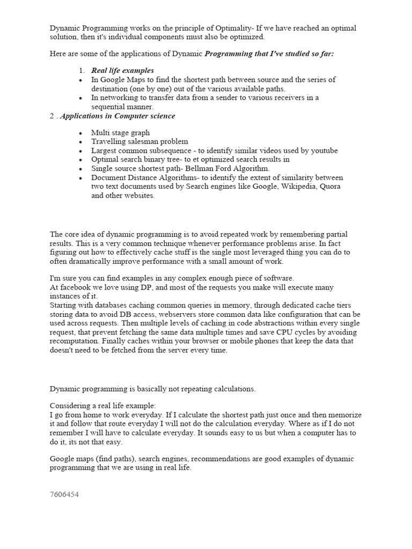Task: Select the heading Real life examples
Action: (x=122, y=70)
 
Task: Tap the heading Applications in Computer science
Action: (x=117, y=116)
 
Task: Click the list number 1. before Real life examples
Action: (x=82, y=70)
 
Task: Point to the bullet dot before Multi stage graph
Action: (x=80, y=133)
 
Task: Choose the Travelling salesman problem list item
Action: (x=139, y=142)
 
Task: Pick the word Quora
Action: (x=330, y=187)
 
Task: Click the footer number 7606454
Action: (x=64, y=494)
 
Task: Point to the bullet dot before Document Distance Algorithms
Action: (x=80, y=177)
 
